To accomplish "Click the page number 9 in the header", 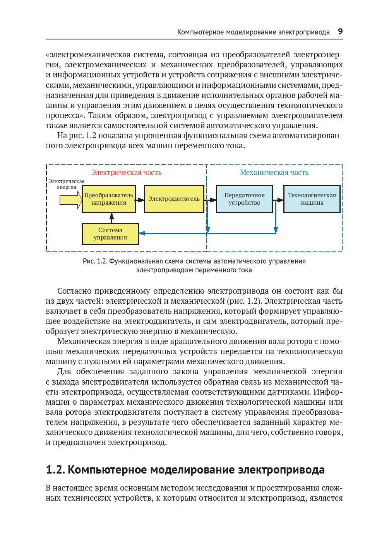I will click(x=340, y=32).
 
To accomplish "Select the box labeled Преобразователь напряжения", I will click(x=109, y=199).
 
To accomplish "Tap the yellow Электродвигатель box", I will click(x=174, y=199).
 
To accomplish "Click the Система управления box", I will click(x=110, y=234).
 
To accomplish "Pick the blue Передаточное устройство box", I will click(x=245, y=199).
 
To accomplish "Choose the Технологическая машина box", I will click(x=312, y=199).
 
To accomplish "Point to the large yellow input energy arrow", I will click(x=70, y=200).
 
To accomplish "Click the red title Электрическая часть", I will click(x=126, y=173).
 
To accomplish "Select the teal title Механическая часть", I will click(x=274, y=173).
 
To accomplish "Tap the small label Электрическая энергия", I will click(x=67, y=184).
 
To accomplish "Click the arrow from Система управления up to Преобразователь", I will click(x=111, y=218).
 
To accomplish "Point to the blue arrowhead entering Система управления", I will click(x=142, y=233).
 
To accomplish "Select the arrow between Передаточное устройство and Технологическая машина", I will click(x=278, y=200).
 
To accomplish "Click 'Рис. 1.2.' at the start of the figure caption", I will click(x=95, y=261).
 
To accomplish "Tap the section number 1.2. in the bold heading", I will click(x=55, y=470).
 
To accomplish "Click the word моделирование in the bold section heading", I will click(x=192, y=470).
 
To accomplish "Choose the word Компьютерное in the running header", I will click(x=200, y=32).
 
